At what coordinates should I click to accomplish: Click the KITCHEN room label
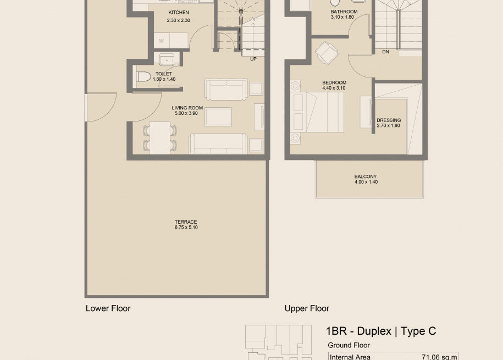tap(178, 13)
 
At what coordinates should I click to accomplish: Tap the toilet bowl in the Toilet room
tap(143, 77)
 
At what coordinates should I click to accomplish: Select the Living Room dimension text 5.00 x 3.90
tap(186, 113)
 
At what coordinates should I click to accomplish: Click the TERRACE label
tap(186, 221)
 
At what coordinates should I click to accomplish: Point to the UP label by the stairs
tap(253, 59)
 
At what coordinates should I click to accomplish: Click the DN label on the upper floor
tap(385, 52)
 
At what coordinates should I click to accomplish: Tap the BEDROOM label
tap(334, 82)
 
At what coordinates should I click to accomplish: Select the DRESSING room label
tap(389, 120)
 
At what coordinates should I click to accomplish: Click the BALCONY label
tap(366, 176)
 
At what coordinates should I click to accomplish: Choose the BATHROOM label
tap(344, 12)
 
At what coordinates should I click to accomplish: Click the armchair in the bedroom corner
tap(327, 53)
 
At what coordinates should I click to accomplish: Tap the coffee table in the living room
tap(218, 117)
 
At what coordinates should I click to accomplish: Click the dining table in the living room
tap(160, 137)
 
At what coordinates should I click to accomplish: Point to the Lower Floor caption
tap(108, 308)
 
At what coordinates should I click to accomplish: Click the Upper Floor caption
tap(307, 308)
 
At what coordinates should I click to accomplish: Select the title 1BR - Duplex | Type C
tap(381, 331)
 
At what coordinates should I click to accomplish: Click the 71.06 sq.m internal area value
tap(439, 357)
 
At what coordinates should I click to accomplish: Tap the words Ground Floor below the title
tap(349, 345)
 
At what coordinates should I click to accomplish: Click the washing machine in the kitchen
tap(162, 41)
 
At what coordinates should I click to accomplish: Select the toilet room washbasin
tap(167, 60)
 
